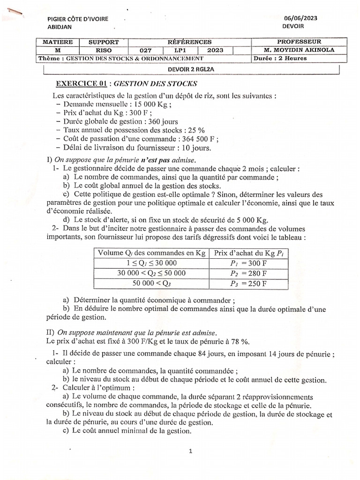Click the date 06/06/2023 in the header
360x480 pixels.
[x=300, y=18]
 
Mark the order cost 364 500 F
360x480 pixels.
[x=195, y=139]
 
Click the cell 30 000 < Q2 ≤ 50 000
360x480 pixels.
[x=152, y=273]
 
